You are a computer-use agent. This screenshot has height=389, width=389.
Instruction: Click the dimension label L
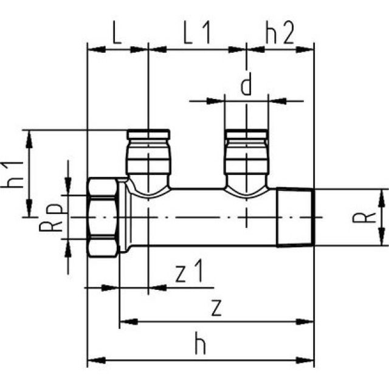pos(117,32)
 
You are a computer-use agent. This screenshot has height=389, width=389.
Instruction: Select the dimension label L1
pos(196,32)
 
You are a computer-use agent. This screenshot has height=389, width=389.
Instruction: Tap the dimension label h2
pos(280,32)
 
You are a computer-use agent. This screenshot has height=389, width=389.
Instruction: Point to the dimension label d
pos(246,86)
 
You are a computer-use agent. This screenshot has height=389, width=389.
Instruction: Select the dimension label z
pos(215,308)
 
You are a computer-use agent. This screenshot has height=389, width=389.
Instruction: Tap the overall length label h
pos(200,345)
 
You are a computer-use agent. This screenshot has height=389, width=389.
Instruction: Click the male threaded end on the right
pos(295,217)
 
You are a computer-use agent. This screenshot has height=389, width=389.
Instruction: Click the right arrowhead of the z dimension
pos(309,321)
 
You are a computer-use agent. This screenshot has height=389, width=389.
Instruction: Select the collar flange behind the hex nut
pos(123,217)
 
